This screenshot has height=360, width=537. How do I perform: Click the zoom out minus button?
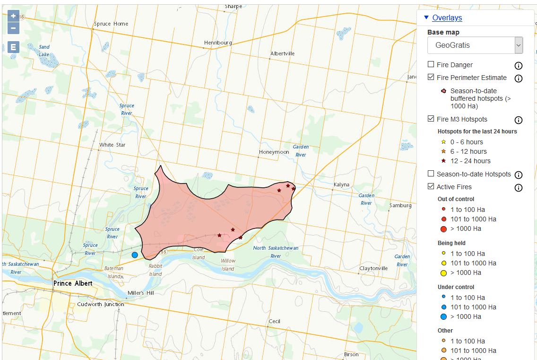point(13,28)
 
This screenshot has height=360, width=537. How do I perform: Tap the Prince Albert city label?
point(73,283)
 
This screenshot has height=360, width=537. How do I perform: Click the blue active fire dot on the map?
point(135,255)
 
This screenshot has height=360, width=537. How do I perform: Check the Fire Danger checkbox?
point(431,64)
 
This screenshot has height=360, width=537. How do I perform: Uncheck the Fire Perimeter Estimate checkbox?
point(431,77)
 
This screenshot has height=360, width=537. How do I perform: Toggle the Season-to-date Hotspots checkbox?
point(431,174)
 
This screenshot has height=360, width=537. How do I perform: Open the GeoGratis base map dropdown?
point(475,45)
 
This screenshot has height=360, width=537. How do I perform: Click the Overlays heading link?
point(447,18)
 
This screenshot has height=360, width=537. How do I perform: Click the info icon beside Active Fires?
point(518,188)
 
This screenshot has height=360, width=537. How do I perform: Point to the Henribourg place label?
point(218,43)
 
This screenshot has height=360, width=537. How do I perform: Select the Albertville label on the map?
point(282,53)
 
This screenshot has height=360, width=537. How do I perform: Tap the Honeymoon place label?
point(274,152)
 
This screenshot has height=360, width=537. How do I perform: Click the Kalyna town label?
point(341,184)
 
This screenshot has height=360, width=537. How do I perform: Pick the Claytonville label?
point(373,268)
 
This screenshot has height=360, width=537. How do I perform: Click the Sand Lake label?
point(44,51)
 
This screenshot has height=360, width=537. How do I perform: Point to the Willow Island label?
point(228,265)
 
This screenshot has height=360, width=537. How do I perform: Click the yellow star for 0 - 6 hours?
point(443,142)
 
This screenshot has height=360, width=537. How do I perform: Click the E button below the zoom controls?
point(13,47)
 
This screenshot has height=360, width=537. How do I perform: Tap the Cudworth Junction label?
point(100,304)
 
